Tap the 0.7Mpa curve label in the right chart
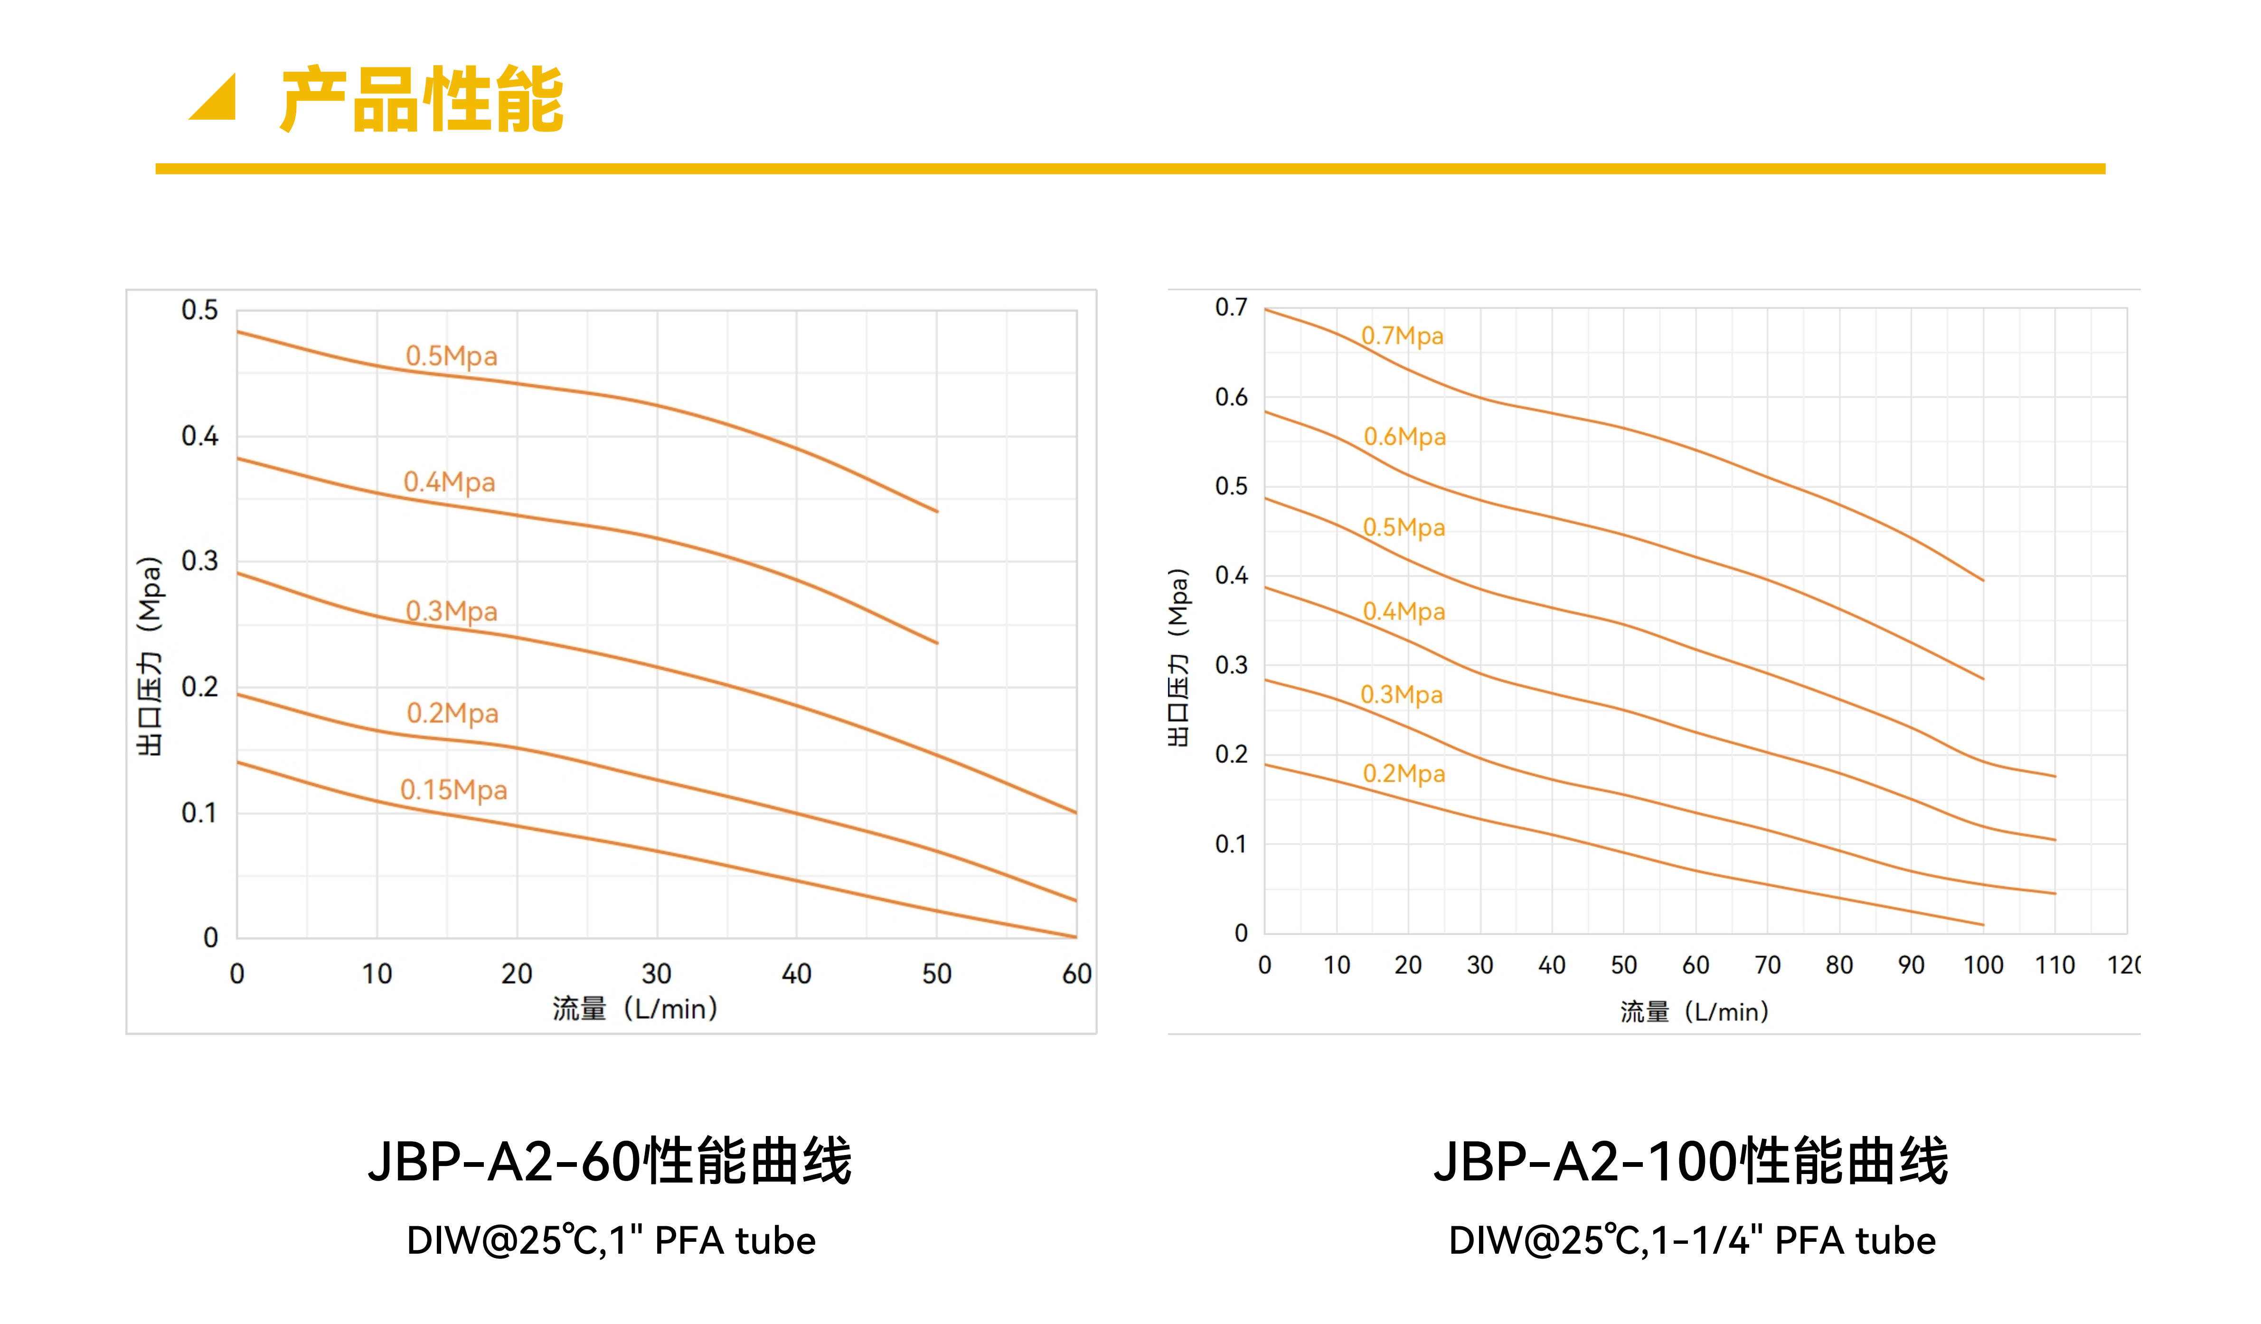click(x=1403, y=337)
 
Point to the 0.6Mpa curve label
click(x=1404, y=437)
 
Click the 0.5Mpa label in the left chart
click(x=452, y=356)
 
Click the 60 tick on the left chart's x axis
click(x=1077, y=974)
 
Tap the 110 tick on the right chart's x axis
click(x=2054, y=965)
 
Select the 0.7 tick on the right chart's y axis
click(x=1231, y=308)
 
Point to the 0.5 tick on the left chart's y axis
click(x=199, y=310)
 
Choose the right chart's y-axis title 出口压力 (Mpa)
click(x=1178, y=657)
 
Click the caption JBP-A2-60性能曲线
click(x=610, y=1162)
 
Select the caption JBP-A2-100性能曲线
click(x=1691, y=1162)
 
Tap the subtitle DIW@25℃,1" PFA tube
click(x=611, y=1240)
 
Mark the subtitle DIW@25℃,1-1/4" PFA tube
click(x=1692, y=1240)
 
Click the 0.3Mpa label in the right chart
click(x=1402, y=695)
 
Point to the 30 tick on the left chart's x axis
click(x=657, y=974)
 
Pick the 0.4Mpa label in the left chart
click(x=450, y=483)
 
